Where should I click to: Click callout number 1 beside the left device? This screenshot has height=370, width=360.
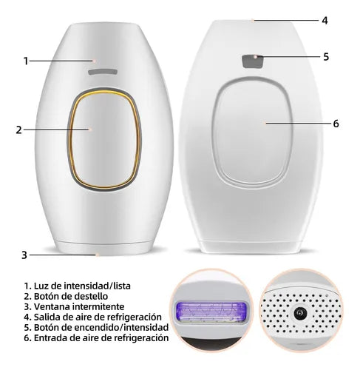[x=26, y=61]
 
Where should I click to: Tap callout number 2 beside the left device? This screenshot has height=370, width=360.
[x=19, y=130]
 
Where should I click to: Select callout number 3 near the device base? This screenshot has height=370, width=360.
[x=24, y=255]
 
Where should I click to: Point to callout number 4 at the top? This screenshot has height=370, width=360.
[x=325, y=21]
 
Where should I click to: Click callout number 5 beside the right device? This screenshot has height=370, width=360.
[x=326, y=57]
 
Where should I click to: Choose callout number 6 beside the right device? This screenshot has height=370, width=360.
[x=336, y=124]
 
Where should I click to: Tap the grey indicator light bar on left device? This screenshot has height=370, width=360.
[x=103, y=72]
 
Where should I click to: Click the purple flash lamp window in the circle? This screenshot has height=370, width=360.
[x=211, y=312]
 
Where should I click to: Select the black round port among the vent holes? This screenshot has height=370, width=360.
[x=301, y=313]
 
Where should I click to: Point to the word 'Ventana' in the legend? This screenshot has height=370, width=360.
[x=52, y=306]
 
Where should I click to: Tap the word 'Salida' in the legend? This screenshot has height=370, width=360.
[x=47, y=317]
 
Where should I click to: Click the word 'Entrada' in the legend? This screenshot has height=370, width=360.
[x=50, y=337]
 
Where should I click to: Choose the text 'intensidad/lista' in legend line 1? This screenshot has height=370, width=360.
[x=97, y=286]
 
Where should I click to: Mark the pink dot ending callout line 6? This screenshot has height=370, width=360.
[x=265, y=123]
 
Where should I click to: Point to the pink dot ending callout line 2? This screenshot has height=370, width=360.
[x=90, y=129]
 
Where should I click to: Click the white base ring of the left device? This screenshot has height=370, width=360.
[x=103, y=248]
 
